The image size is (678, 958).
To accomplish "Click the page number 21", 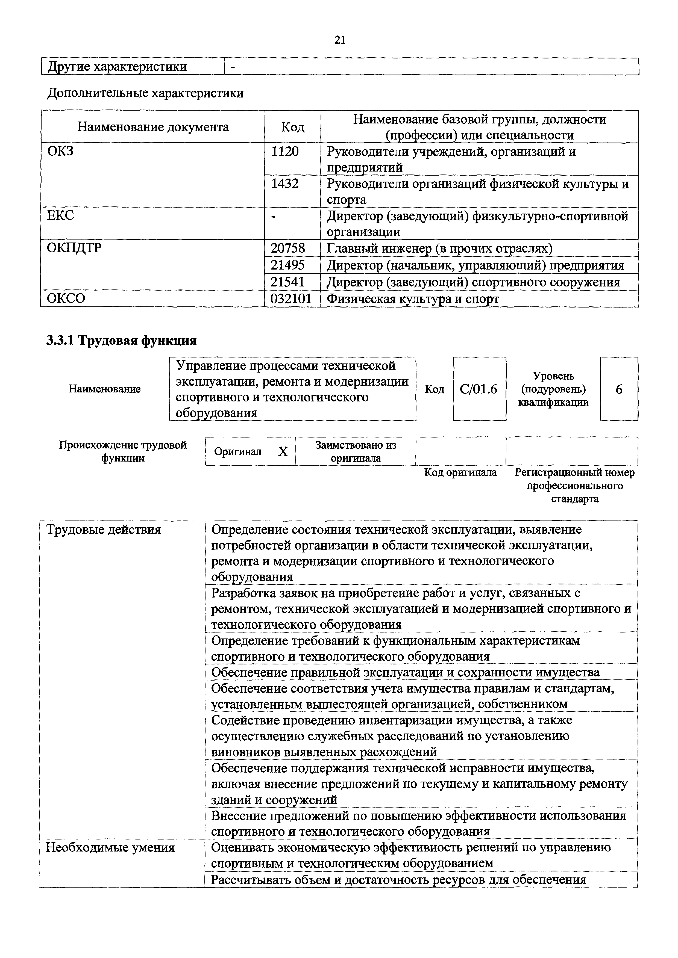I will tap(340, 40).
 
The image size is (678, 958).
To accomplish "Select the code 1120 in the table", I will tap(285, 151).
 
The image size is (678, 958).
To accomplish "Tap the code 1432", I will tap(285, 183).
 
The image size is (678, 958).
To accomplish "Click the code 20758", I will tap(288, 248).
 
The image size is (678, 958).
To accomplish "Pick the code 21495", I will tap(288, 265).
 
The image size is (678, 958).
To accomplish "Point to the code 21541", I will tap(288, 282).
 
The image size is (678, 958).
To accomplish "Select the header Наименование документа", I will tap(153, 127).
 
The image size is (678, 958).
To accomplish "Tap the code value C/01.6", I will tap(479, 389).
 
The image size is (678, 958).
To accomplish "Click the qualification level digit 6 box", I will tap(619, 389).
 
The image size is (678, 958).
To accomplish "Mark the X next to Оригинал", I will tap(283, 451).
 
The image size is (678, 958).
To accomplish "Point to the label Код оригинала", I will tap(460, 472).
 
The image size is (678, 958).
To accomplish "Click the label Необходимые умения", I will tap(110, 847).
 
